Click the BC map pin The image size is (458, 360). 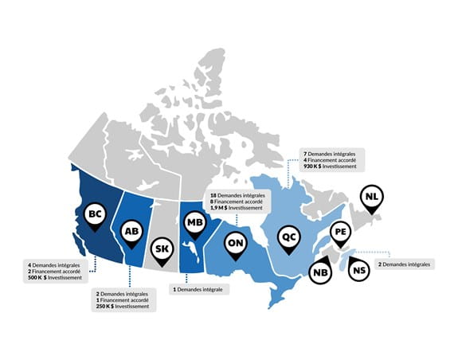[95, 214]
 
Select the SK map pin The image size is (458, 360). [161, 248]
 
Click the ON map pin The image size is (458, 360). [236, 241]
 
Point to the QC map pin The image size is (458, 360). [290, 236]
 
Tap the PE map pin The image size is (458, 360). [340, 233]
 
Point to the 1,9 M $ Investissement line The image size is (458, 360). [237, 209]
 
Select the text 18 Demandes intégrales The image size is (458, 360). [238, 195]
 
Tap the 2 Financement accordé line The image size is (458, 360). [56, 272]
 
